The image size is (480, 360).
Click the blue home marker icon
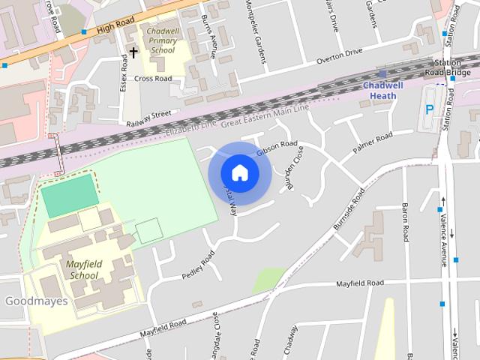click(x=239, y=172)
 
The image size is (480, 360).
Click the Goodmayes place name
click(x=37, y=301)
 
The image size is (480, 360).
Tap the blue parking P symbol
click(x=430, y=109)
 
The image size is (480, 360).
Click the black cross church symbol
click(x=133, y=52)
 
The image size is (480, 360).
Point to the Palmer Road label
click(x=373, y=142)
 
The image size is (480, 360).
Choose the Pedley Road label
click(x=198, y=265)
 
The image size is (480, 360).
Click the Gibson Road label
click(x=277, y=148)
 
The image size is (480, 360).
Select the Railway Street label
click(x=148, y=116)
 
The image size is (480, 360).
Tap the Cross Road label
click(x=153, y=78)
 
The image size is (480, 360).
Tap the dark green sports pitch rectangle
click(x=69, y=195)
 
